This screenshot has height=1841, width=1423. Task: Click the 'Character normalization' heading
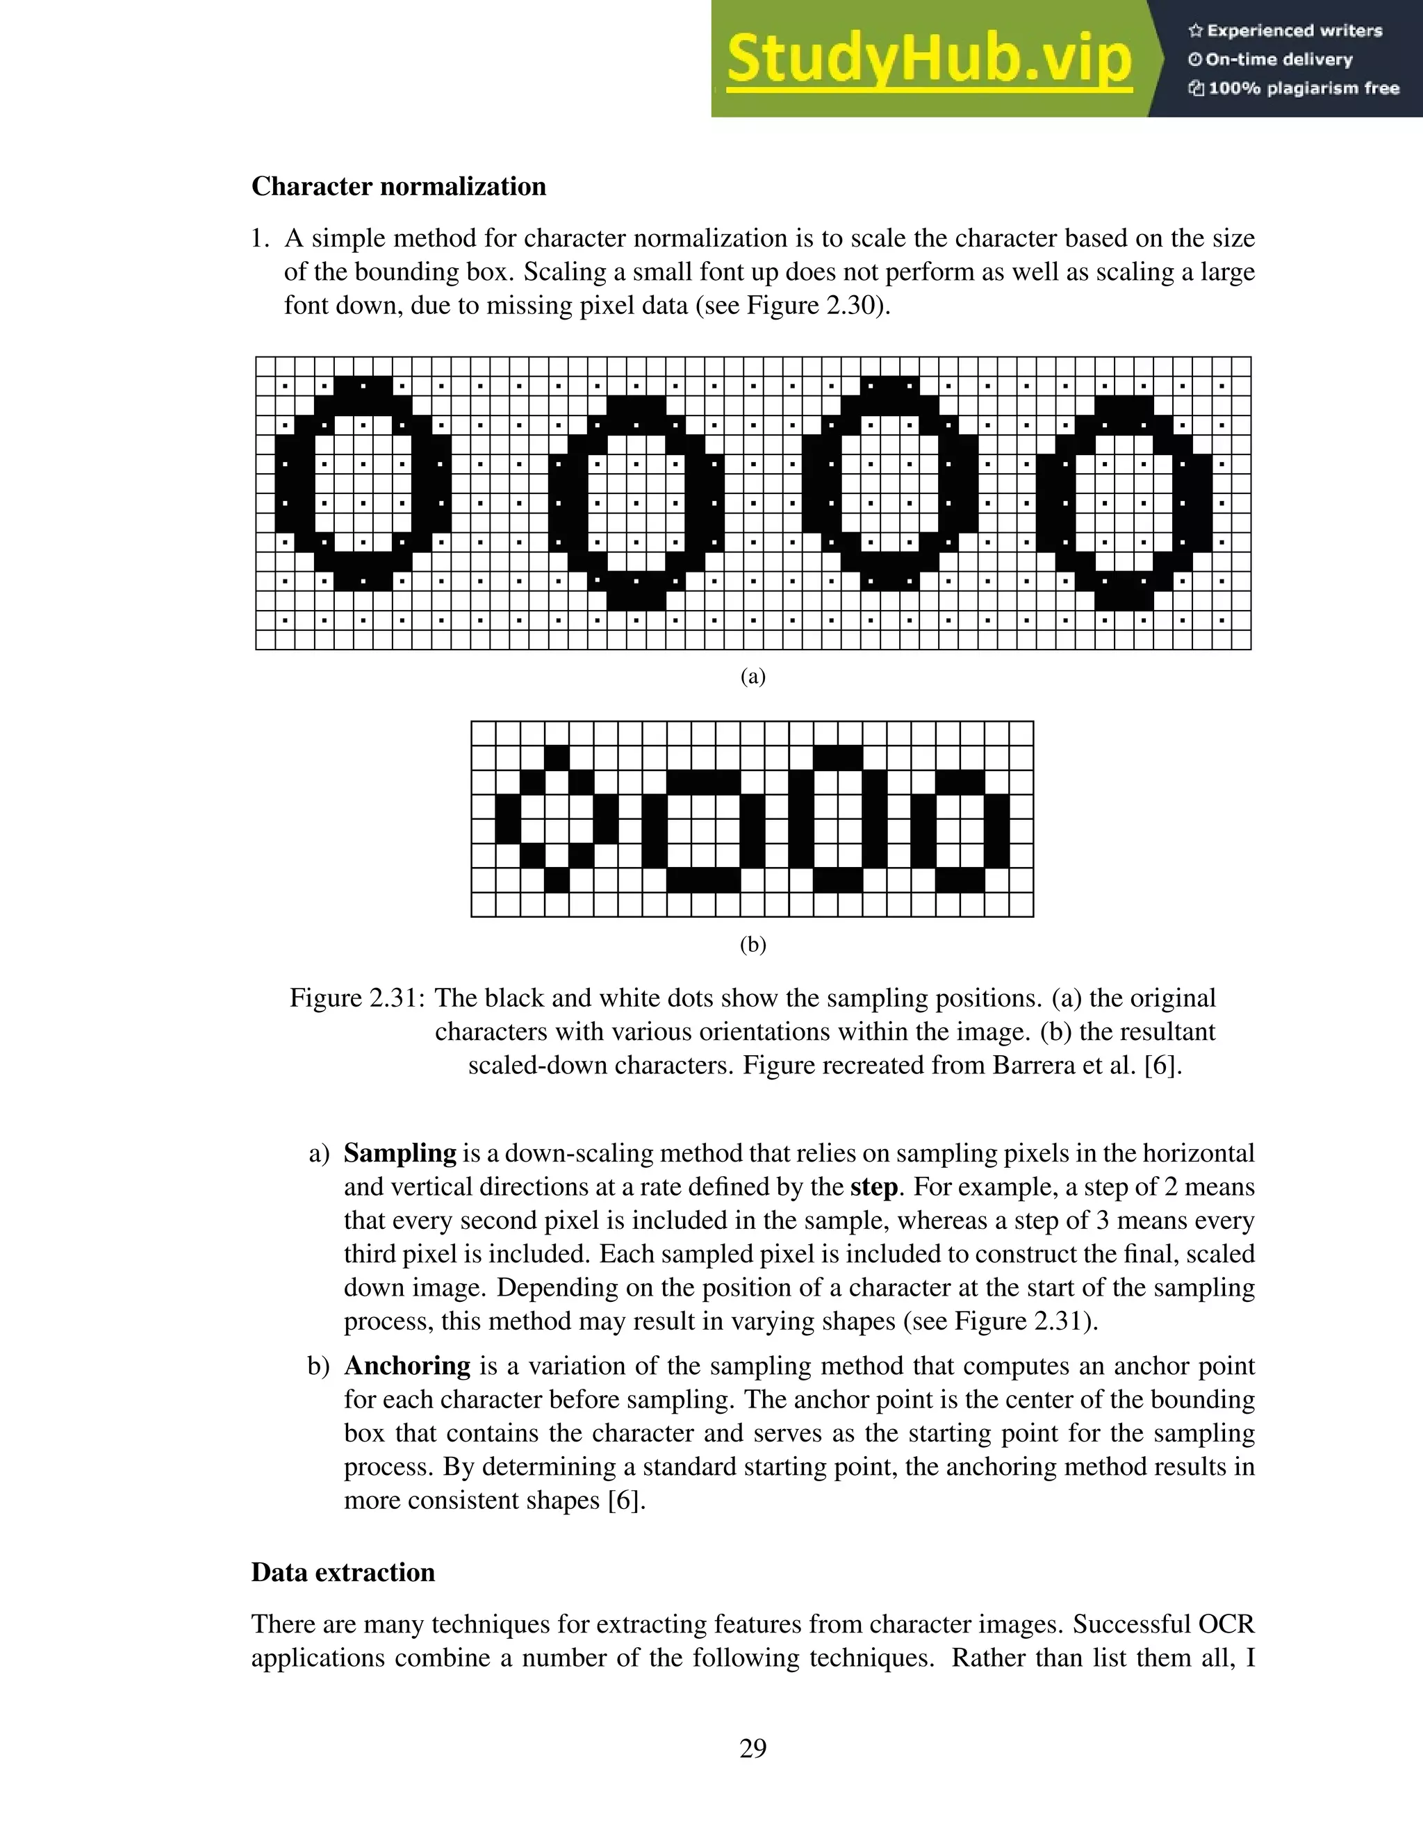399,186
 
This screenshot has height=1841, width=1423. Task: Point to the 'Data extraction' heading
343,1589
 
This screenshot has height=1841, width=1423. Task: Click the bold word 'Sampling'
400,1153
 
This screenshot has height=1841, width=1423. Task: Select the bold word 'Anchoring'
407,1366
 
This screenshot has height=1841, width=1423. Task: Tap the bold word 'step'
873,1187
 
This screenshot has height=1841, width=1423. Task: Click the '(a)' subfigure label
752,676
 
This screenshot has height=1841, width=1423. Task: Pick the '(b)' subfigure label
752,944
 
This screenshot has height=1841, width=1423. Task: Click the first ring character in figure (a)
363,483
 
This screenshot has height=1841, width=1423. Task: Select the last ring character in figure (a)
1124,502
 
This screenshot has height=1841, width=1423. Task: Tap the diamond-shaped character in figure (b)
557,819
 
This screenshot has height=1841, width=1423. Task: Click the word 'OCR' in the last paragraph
1225,1624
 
